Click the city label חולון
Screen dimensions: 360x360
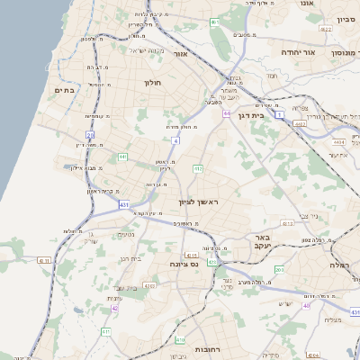click(x=151, y=83)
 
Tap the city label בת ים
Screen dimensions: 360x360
click(x=62, y=90)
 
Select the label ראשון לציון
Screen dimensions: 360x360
click(x=199, y=202)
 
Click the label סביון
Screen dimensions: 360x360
click(x=346, y=19)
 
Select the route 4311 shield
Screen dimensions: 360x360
click(x=45, y=259)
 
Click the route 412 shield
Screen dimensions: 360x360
click(x=197, y=168)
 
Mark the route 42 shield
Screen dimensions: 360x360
click(x=114, y=309)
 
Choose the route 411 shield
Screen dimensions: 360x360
click(x=106, y=332)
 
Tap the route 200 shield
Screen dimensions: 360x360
click(x=280, y=269)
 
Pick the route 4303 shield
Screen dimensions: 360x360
click(x=148, y=285)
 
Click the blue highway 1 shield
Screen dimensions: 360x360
click(x=280, y=115)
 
